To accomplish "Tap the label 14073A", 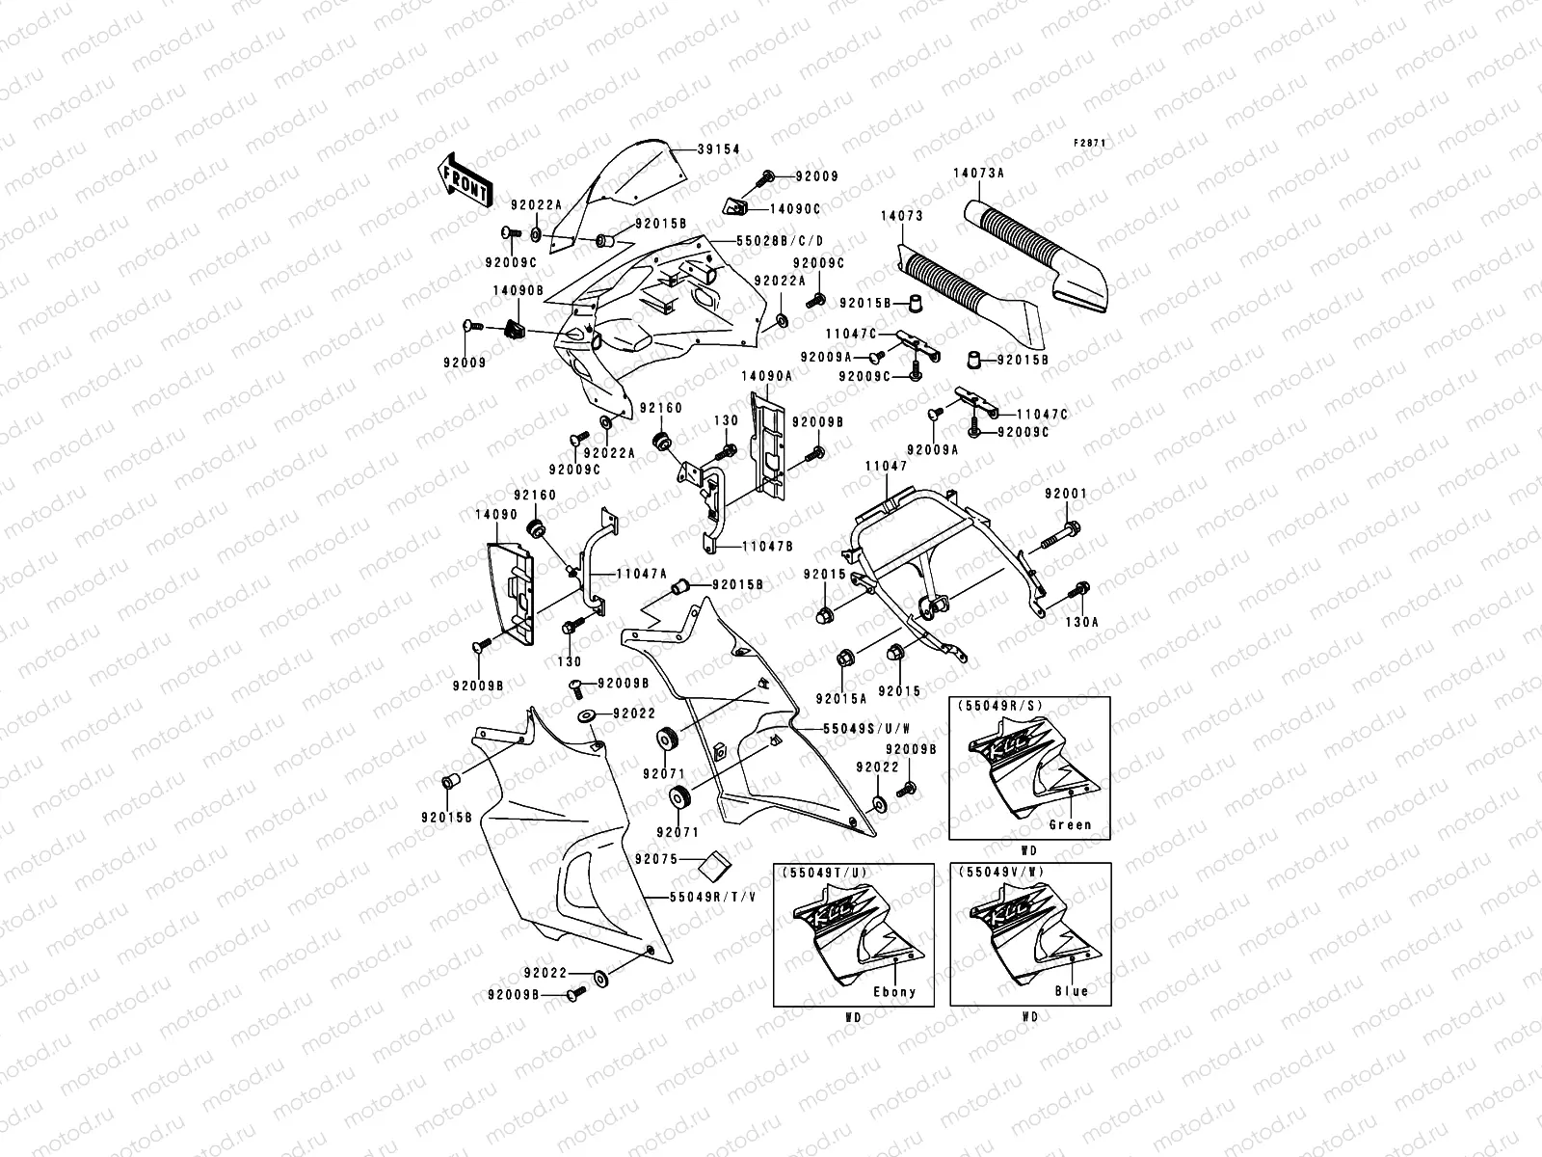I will click(x=979, y=174).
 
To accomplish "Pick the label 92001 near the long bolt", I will click(x=1065, y=495).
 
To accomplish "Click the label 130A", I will click(x=1080, y=623).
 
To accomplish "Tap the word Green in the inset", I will click(x=1071, y=824).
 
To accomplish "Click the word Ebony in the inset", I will click(x=895, y=991).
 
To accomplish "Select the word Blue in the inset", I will click(x=1071, y=991).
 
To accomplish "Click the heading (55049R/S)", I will click(x=1002, y=707).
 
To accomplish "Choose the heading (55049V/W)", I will click(x=1002, y=872).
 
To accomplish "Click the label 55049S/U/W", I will click(x=854, y=729).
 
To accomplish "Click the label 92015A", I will click(x=840, y=697).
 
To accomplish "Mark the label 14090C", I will click(x=795, y=207).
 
